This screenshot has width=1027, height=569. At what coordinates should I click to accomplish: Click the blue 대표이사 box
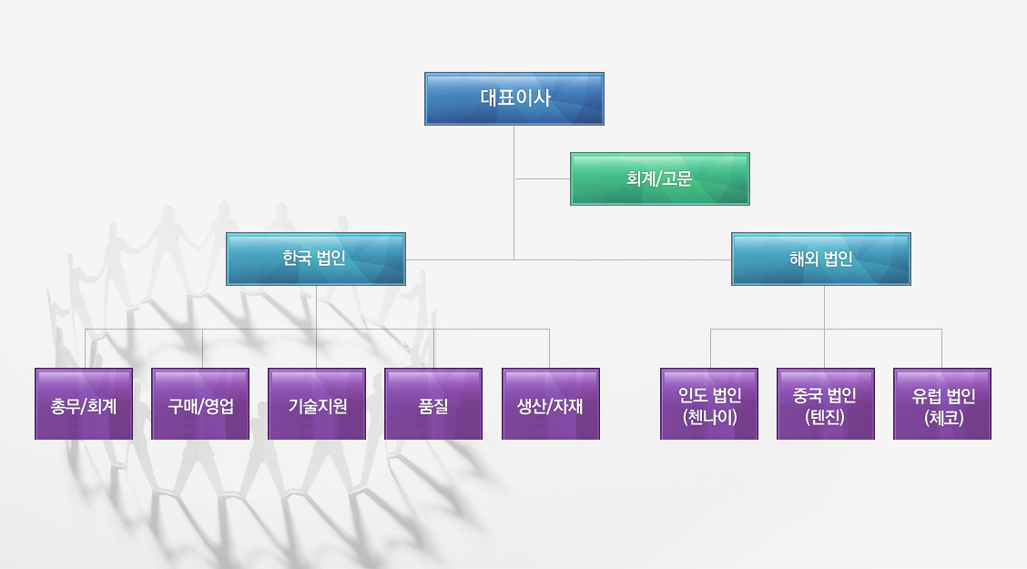[x=514, y=98]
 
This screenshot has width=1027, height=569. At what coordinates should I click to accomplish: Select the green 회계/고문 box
[x=659, y=178]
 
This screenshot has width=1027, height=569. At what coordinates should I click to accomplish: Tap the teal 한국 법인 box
[x=315, y=259]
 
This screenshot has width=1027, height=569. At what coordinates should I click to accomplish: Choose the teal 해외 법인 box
[x=821, y=259]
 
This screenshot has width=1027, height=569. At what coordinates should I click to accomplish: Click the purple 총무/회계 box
[x=84, y=404]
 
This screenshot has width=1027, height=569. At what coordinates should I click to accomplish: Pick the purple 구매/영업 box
[x=200, y=404]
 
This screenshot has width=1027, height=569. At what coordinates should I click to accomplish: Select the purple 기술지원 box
[x=317, y=404]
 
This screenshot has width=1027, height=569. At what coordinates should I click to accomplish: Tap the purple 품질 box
[x=433, y=404]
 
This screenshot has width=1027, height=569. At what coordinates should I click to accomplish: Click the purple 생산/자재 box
[x=550, y=404]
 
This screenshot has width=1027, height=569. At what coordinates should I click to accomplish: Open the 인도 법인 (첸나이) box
[x=709, y=404]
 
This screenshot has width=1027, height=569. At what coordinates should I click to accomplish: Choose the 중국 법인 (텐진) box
[x=826, y=404]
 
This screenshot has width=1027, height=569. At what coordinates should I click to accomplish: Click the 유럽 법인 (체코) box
[x=942, y=404]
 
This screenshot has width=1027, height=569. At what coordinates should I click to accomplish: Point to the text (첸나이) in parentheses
[x=709, y=418]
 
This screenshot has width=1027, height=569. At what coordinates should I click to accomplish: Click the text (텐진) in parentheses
[x=826, y=418]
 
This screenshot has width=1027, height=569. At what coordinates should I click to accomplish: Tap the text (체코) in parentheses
[x=942, y=418]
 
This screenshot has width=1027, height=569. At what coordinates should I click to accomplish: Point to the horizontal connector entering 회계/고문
[x=543, y=179]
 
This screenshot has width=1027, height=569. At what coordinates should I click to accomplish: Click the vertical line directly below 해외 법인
[x=825, y=308]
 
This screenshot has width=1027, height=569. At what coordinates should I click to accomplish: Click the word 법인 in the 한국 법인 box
[x=331, y=259]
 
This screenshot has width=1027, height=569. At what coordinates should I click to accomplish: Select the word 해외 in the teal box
[x=804, y=259]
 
